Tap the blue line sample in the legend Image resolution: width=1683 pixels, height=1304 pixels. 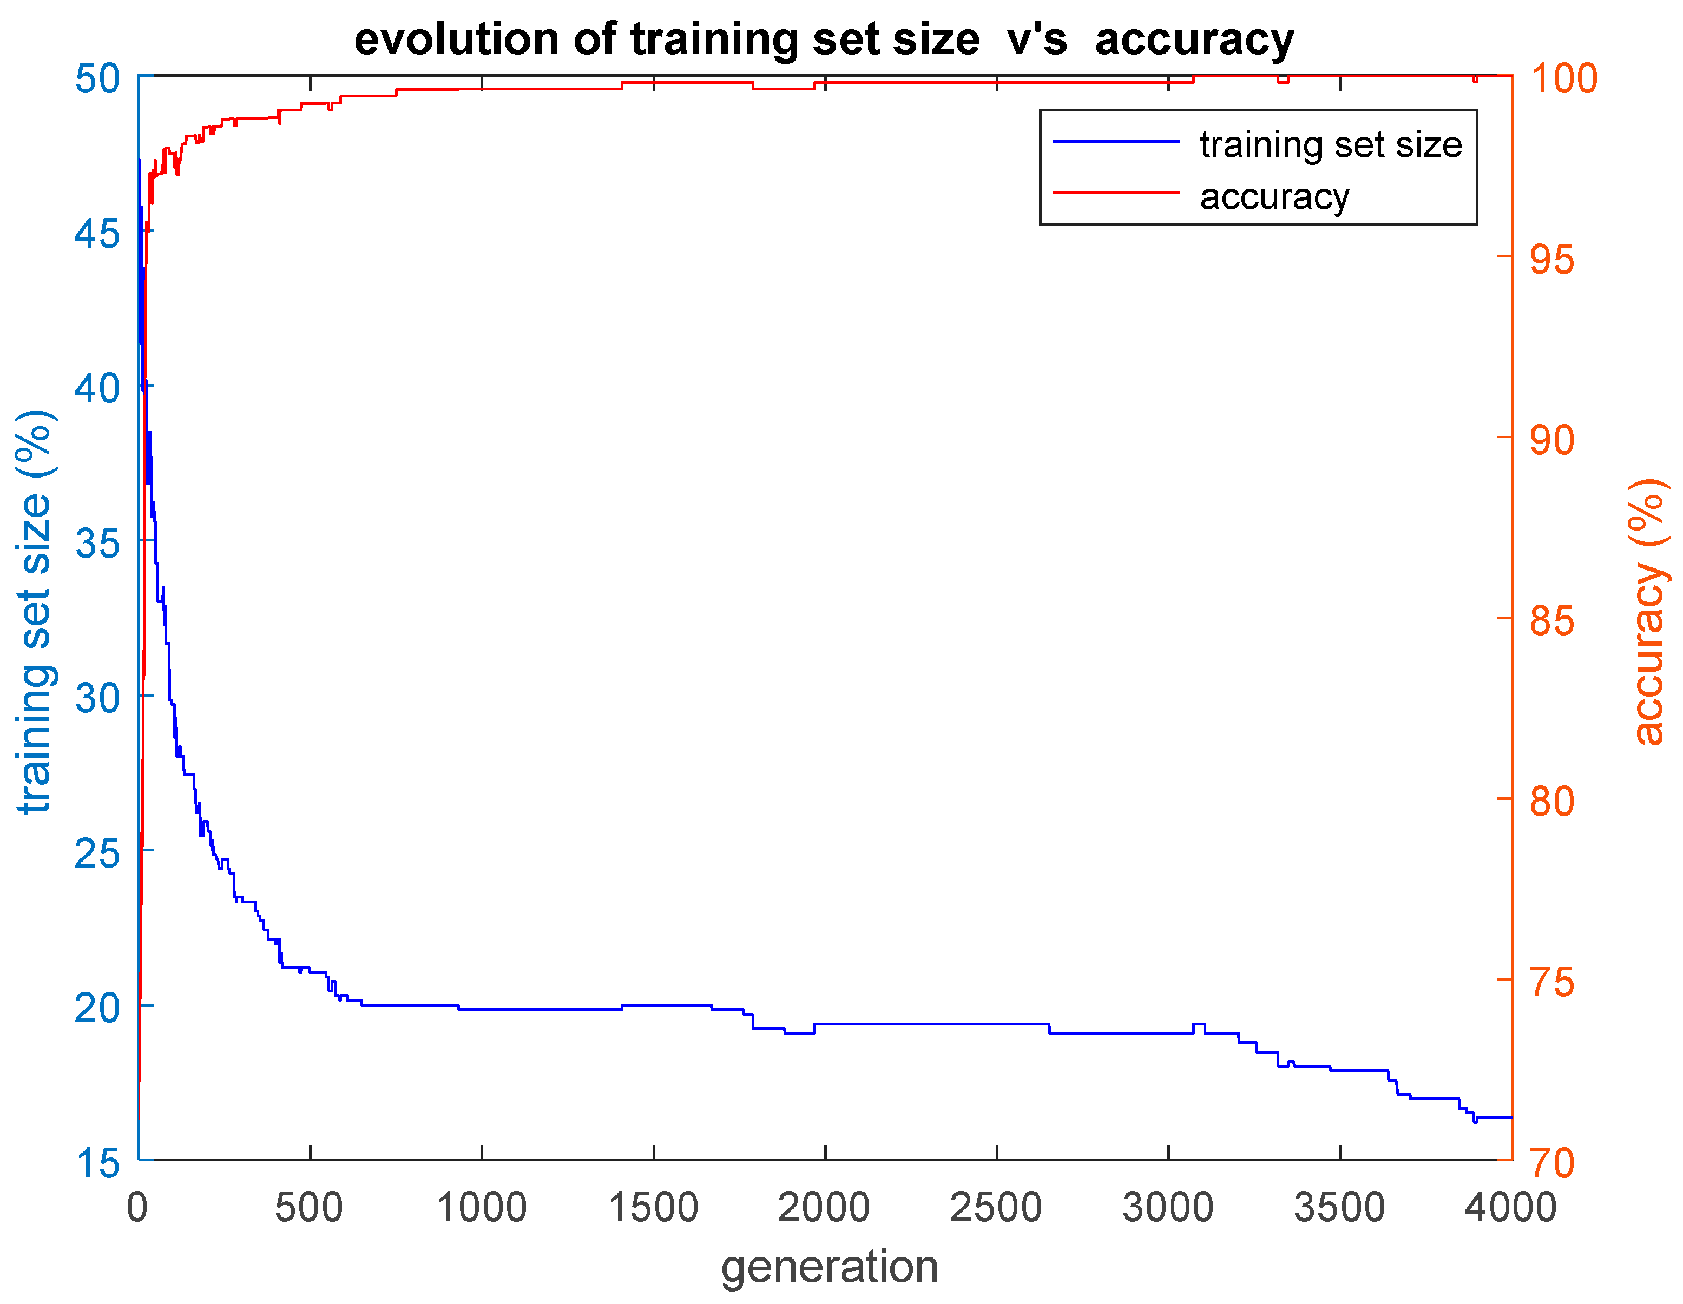[1116, 142]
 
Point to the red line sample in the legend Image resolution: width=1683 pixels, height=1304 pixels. [1116, 193]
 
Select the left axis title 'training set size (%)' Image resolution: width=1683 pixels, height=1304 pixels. [35, 612]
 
